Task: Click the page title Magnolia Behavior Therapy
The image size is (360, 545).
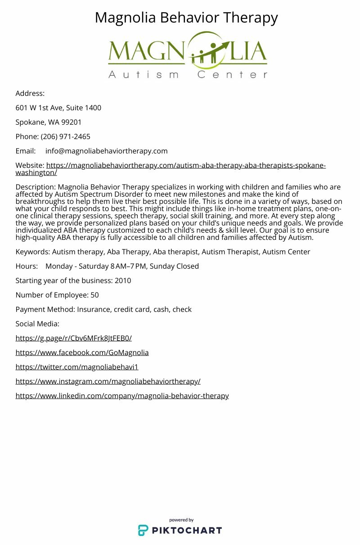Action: point(186,18)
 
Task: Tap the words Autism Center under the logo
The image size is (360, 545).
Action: point(188,74)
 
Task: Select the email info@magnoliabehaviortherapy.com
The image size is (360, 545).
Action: point(106,151)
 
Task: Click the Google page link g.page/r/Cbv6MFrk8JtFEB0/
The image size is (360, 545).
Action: point(73,338)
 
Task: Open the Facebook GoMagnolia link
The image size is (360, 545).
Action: point(82,352)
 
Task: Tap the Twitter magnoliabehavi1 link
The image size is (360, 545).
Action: point(77,367)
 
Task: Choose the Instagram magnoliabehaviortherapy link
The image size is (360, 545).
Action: point(108,381)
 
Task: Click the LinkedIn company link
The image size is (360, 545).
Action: point(122,396)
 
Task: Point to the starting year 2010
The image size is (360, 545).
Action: point(123,280)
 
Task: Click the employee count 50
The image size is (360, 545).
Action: point(94,295)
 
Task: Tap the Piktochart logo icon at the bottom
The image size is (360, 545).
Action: point(143,530)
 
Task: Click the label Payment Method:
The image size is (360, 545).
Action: point(45,309)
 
